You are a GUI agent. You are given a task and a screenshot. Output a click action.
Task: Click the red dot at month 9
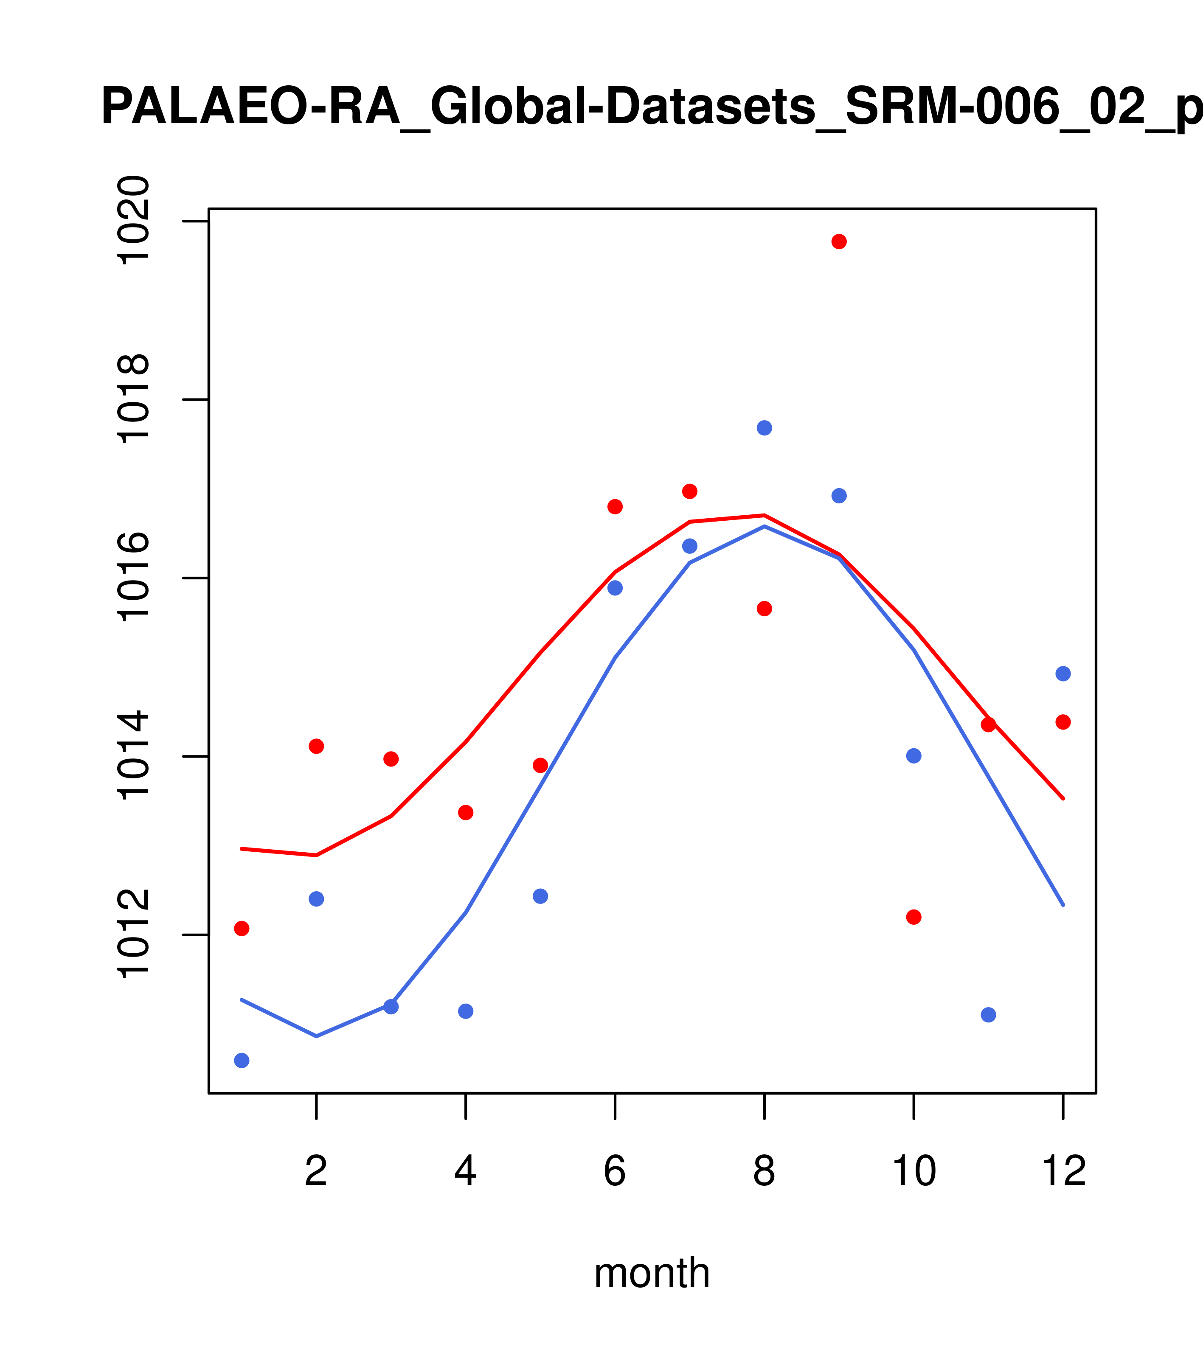tap(839, 241)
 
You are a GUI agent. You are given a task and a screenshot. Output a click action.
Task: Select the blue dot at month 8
tap(764, 428)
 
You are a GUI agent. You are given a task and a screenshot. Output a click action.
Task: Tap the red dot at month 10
tap(913, 917)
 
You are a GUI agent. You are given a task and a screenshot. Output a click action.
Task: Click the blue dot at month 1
tap(242, 1061)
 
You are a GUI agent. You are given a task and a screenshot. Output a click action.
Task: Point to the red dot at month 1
tap(242, 929)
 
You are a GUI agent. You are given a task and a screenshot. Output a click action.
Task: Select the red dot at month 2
tap(317, 746)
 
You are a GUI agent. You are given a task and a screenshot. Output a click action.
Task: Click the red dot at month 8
tap(764, 608)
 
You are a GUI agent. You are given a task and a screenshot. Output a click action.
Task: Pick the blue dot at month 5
tap(540, 896)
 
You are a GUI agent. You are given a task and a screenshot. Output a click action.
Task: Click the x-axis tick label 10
tap(913, 1190)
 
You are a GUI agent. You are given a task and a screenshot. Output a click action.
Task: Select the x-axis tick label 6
tap(615, 1190)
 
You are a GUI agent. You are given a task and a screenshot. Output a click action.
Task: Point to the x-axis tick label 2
tap(317, 1190)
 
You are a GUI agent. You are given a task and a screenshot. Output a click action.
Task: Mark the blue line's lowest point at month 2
tap(317, 1036)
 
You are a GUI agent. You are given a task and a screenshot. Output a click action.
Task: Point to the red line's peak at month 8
tap(764, 514)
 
